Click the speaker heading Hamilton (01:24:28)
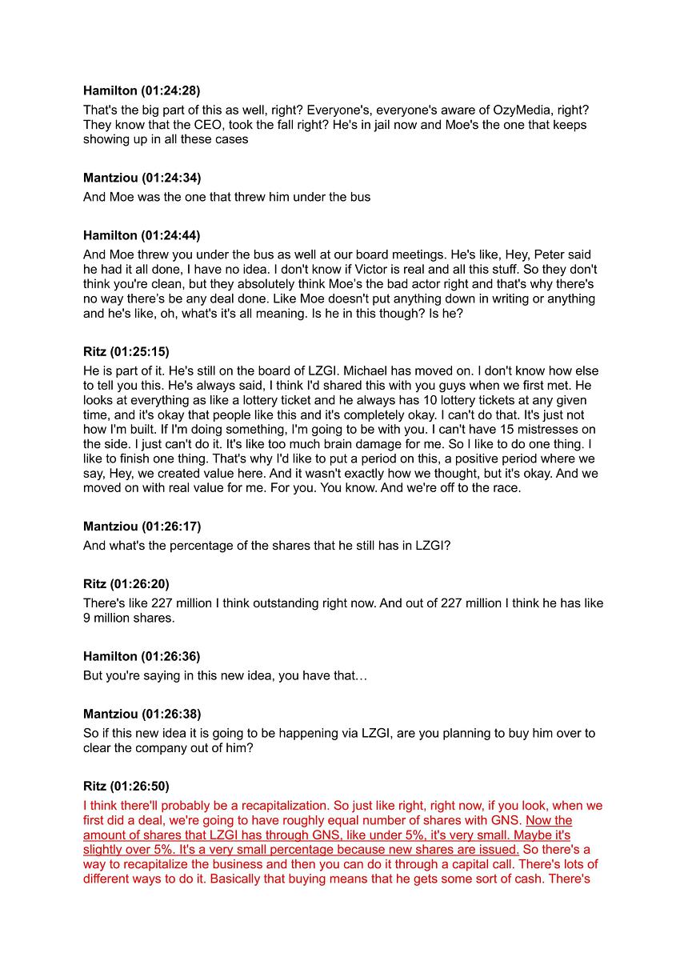142,90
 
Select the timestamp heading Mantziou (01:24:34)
142,178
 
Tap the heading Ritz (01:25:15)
126,351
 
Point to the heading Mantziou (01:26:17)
142,527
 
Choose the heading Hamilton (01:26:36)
142,656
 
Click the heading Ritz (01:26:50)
126,786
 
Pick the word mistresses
542,430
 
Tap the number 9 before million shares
87,618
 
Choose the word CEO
197,125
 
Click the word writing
530,298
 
